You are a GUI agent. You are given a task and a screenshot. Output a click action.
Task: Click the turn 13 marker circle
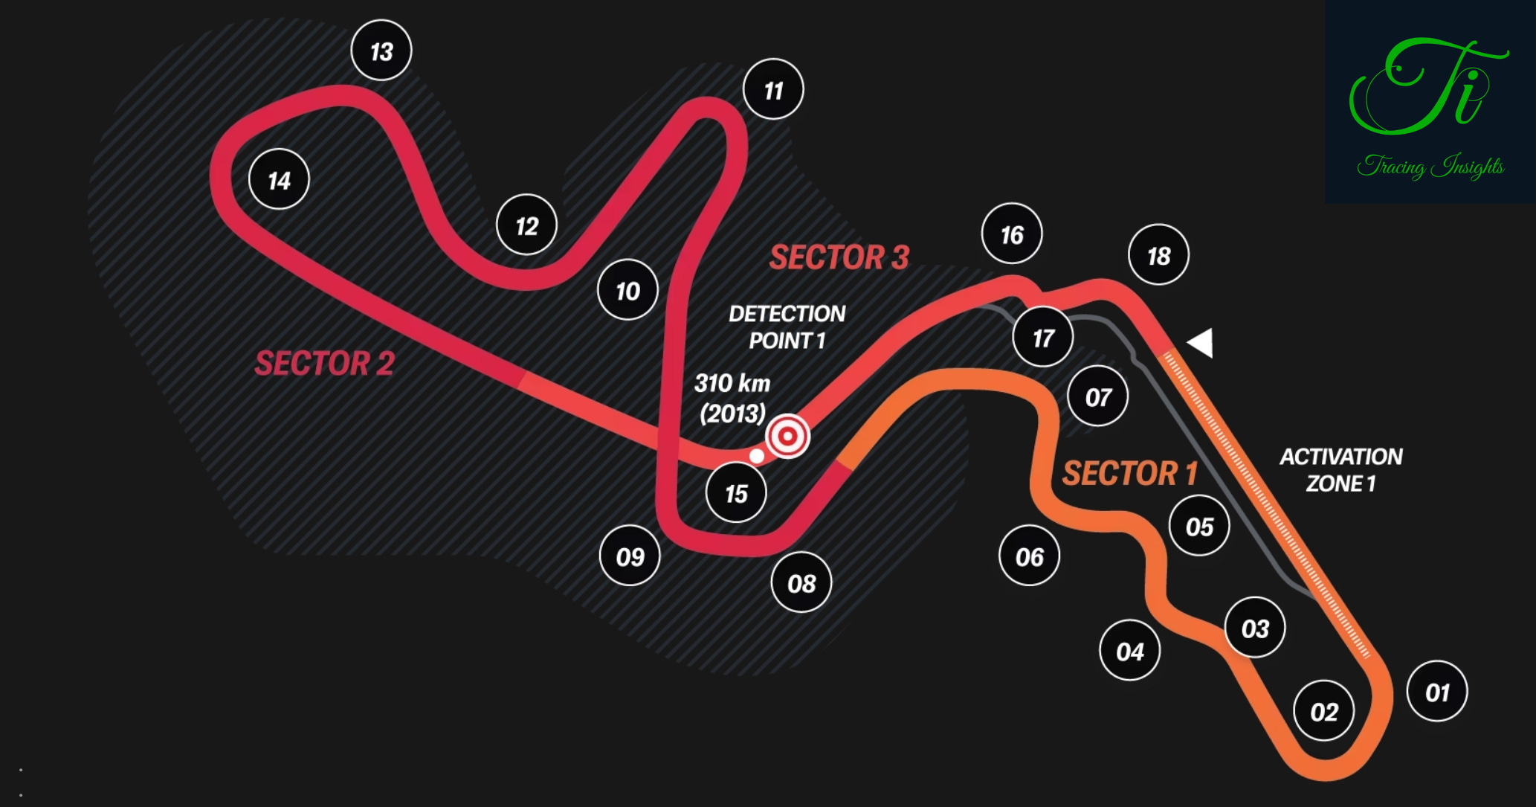tap(381, 51)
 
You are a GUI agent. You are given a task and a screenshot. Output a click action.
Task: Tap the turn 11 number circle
tap(773, 90)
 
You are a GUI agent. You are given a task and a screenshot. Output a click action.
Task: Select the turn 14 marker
tap(279, 180)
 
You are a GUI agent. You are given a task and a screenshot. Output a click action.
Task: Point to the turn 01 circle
tap(1437, 692)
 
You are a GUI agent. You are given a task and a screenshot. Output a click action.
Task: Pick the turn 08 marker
tap(801, 583)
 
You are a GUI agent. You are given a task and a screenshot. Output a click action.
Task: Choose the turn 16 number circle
tap(1012, 234)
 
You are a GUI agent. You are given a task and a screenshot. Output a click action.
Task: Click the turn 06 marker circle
tap(1029, 556)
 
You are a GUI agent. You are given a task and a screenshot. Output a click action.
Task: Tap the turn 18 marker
tap(1158, 255)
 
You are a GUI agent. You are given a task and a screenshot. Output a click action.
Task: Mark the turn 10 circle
tap(627, 290)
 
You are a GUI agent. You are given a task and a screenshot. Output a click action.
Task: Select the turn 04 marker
tap(1129, 652)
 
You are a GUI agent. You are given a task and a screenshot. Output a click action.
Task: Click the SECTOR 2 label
tap(324, 364)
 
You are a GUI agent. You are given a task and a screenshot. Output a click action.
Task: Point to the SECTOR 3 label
tap(839, 257)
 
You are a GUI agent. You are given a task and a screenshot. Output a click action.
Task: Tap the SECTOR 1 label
tap(1129, 473)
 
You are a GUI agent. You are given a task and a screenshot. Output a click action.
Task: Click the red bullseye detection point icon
tap(787, 437)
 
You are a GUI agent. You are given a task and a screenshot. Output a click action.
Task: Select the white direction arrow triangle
tap(1201, 343)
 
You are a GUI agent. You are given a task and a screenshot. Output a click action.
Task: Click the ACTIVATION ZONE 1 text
tap(1340, 470)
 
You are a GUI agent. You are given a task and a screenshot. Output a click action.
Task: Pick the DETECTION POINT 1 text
tap(787, 327)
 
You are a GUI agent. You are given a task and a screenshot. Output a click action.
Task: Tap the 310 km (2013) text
tap(732, 398)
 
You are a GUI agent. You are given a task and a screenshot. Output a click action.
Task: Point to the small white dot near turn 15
tap(756, 456)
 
